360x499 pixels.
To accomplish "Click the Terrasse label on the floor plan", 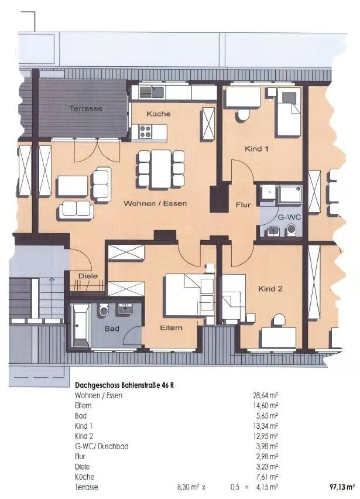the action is (85, 108).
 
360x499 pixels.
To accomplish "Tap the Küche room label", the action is (159, 114).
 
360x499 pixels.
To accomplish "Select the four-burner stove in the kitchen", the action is (145, 132).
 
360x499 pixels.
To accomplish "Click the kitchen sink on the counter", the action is (152, 92).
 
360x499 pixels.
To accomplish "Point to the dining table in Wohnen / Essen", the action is (161, 169).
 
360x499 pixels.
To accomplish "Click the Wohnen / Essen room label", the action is (155, 203).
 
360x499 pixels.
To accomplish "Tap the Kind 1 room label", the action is (256, 149).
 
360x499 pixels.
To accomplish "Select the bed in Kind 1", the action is (289, 112).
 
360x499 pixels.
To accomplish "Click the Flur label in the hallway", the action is (244, 205).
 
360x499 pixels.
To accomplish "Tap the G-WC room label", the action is (289, 217).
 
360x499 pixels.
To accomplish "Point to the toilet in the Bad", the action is (104, 310).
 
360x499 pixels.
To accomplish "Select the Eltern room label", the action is (171, 327).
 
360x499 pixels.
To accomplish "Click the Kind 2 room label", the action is (270, 289).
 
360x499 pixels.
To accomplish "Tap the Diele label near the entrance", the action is (88, 276).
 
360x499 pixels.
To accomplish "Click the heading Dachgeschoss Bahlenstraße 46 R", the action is (124, 385).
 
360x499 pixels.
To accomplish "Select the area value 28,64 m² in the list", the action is (265, 395).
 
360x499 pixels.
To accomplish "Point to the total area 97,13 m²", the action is (342, 487).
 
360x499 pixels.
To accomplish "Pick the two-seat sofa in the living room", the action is (76, 210).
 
